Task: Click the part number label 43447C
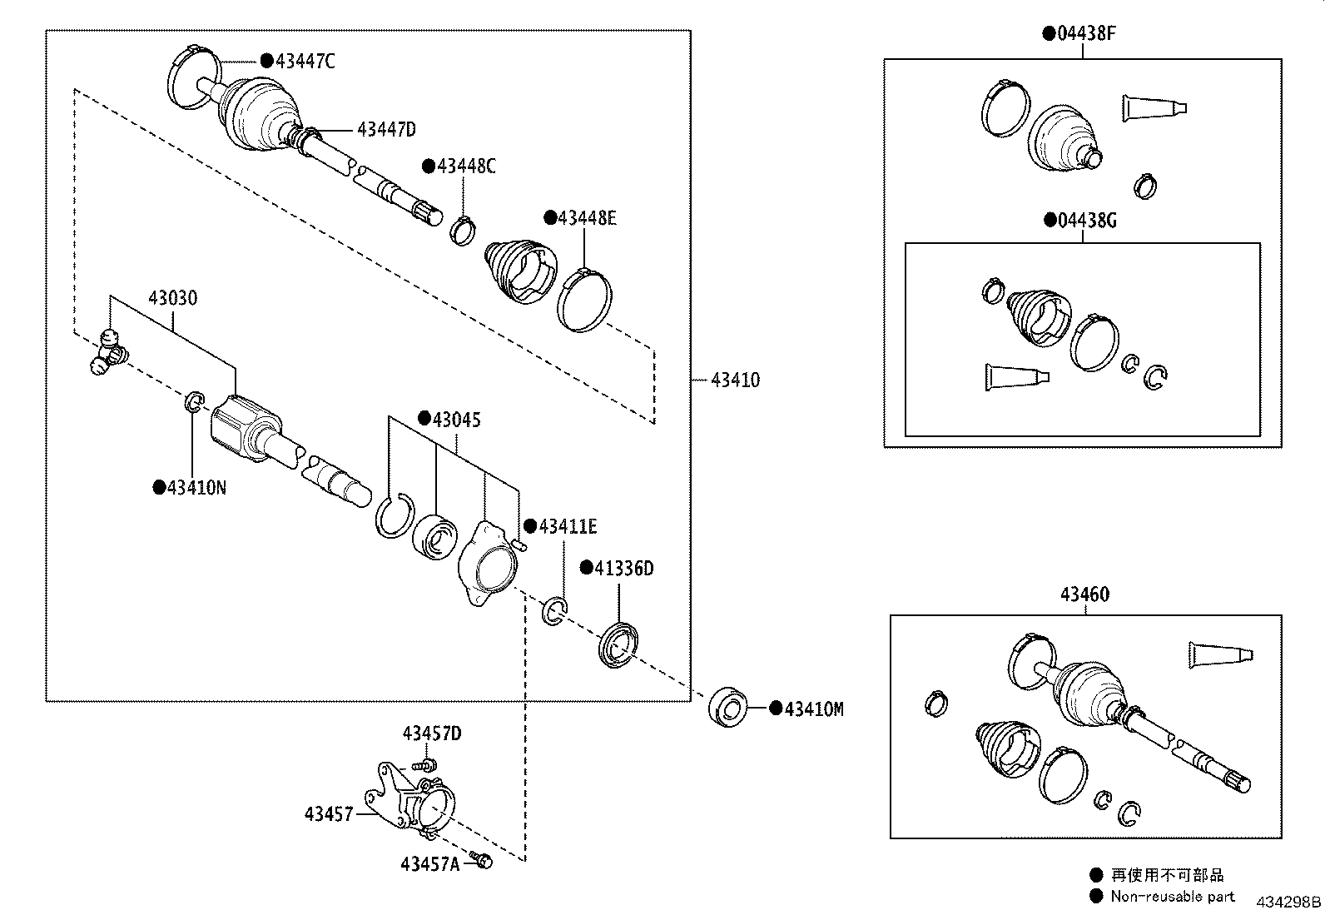(305, 61)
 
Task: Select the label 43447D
(385, 129)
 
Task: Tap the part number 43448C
(466, 167)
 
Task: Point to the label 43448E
(587, 218)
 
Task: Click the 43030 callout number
(173, 297)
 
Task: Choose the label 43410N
(196, 488)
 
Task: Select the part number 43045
(455, 420)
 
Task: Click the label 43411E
(568, 526)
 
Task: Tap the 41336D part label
(623, 569)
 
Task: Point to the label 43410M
(813, 709)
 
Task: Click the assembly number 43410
(735, 380)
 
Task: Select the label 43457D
(432, 733)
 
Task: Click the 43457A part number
(429, 864)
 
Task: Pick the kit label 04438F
(1085, 34)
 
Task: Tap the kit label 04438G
(1086, 221)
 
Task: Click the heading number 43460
(1084, 594)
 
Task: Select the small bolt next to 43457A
(480, 860)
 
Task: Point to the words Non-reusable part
(1173, 897)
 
